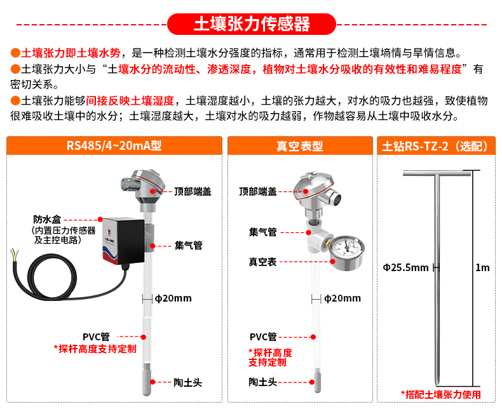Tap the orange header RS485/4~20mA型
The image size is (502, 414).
[114, 146]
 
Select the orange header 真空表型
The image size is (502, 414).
[299, 146]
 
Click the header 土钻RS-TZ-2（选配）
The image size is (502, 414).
[435, 146]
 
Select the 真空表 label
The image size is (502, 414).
[262, 262]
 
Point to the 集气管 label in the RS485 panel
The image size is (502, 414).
[189, 245]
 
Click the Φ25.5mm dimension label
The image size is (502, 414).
[405, 267]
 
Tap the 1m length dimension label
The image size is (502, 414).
[482, 267]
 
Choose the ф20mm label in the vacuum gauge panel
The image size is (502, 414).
[343, 298]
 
